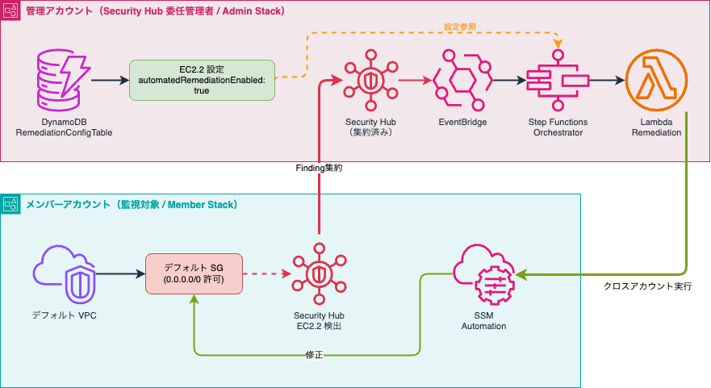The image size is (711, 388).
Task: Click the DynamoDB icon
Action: [x=58, y=80]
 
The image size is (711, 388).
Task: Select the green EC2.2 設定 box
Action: [x=202, y=80]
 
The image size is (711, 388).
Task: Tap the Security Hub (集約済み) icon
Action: [x=368, y=80]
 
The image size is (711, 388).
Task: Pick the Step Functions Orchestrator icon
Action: [x=557, y=80]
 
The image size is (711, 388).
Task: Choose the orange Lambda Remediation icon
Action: [x=655, y=80]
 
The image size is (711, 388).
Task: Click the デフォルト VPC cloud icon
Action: [x=64, y=275]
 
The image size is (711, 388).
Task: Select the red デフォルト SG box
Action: [x=194, y=273]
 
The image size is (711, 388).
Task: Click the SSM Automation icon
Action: [x=483, y=275]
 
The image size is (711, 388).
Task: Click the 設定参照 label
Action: [x=460, y=27]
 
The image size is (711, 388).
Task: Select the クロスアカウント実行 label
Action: [x=647, y=286]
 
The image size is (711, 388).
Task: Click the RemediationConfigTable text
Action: [x=57, y=132]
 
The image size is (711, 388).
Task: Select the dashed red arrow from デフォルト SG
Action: [x=266, y=274]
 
